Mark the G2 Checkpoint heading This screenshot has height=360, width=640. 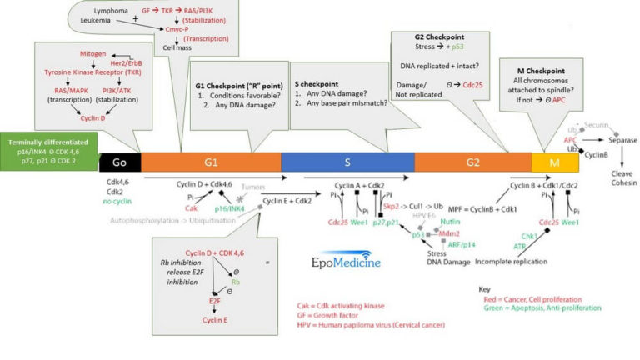pyautogui.click(x=439, y=37)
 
